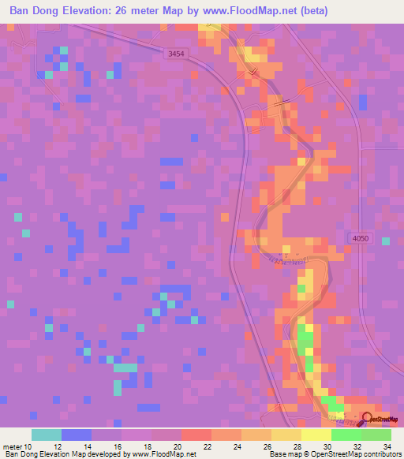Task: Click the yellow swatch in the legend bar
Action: pyautogui.click(x=316, y=435)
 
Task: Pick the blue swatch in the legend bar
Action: pyautogui.click(x=76, y=435)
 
